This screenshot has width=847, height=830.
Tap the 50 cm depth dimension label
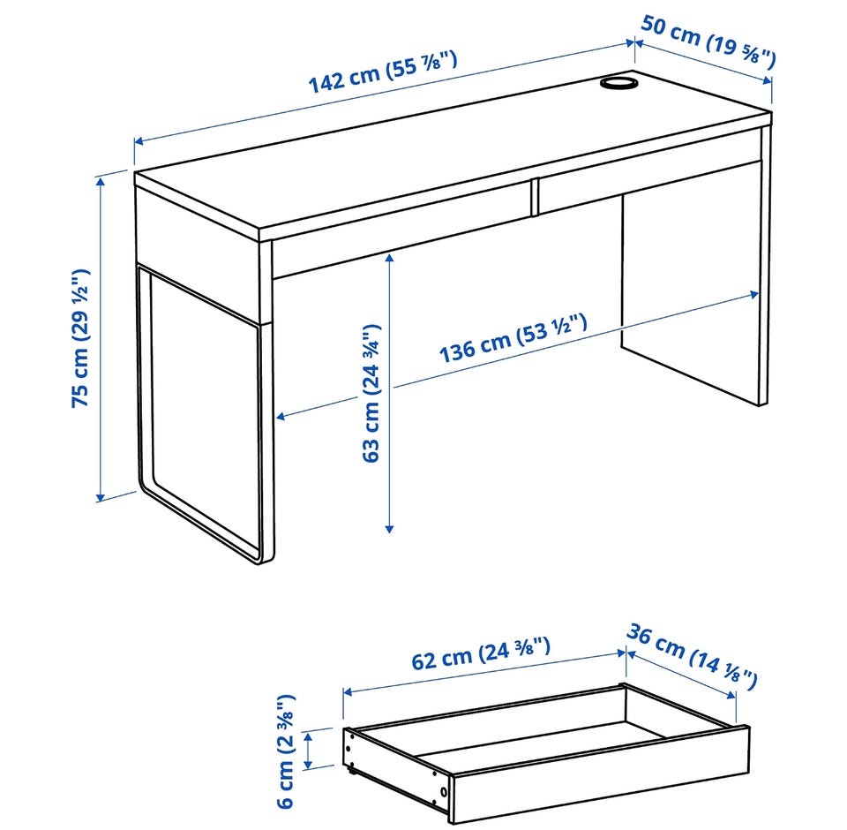point(708,39)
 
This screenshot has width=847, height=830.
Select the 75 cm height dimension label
point(80,338)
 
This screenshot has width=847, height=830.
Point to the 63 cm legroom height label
point(371,393)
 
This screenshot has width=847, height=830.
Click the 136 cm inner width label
point(513,337)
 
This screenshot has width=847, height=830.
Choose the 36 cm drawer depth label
point(692,656)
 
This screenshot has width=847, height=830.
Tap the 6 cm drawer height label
point(286,751)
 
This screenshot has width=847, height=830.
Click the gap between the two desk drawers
point(535,198)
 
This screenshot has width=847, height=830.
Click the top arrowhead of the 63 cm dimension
point(389,258)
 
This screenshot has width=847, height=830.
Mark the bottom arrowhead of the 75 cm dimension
point(100,497)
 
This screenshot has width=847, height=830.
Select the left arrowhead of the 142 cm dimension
point(139,141)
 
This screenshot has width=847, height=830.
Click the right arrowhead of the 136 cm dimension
point(753,294)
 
